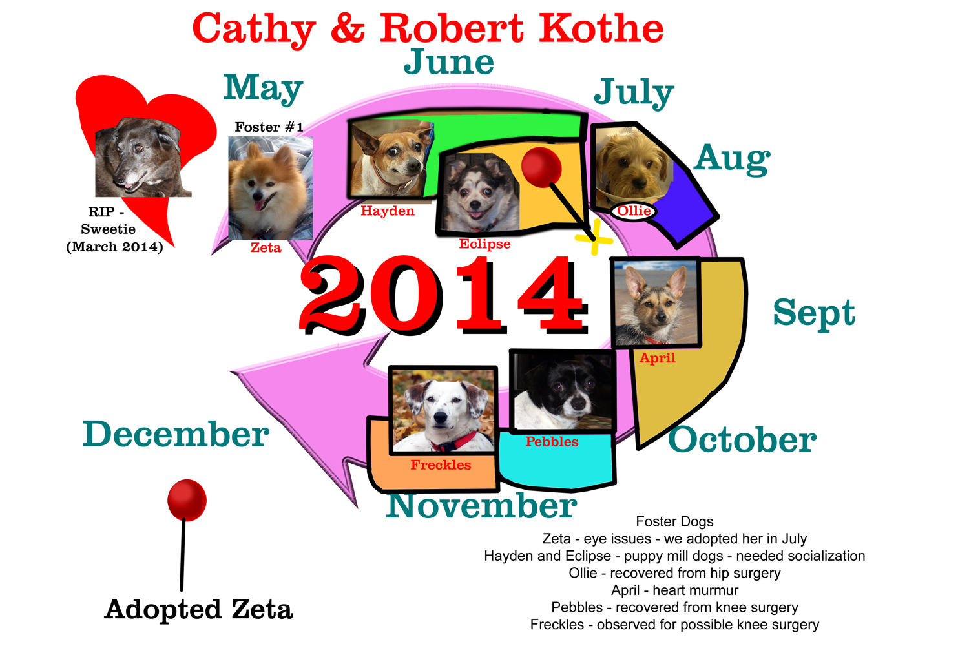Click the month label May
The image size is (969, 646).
263,89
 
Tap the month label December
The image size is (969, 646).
176,433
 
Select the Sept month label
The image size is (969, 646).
814,313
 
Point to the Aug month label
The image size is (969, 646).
732,160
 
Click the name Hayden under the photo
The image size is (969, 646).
388,211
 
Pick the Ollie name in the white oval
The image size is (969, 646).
634,211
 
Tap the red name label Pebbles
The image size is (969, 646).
552,441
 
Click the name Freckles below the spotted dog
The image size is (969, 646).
441,464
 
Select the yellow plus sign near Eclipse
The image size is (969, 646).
594,238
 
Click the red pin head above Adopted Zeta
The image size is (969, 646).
187,500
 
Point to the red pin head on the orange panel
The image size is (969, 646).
541,167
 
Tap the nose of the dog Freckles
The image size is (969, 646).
440,417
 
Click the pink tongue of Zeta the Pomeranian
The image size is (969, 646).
258,205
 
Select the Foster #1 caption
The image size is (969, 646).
269,127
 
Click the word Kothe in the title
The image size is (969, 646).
601,28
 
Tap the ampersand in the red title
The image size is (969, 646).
348,28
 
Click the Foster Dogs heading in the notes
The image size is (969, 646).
674,521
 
